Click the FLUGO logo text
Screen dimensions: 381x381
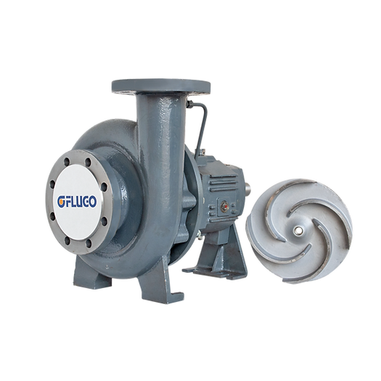[77, 202]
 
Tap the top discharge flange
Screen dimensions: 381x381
[161, 86]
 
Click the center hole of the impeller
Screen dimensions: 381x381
[296, 231]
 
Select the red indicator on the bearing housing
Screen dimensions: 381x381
[226, 207]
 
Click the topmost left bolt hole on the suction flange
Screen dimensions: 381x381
[67, 161]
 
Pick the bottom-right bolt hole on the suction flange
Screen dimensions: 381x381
[89, 243]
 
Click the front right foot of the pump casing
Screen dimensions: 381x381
[159, 284]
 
